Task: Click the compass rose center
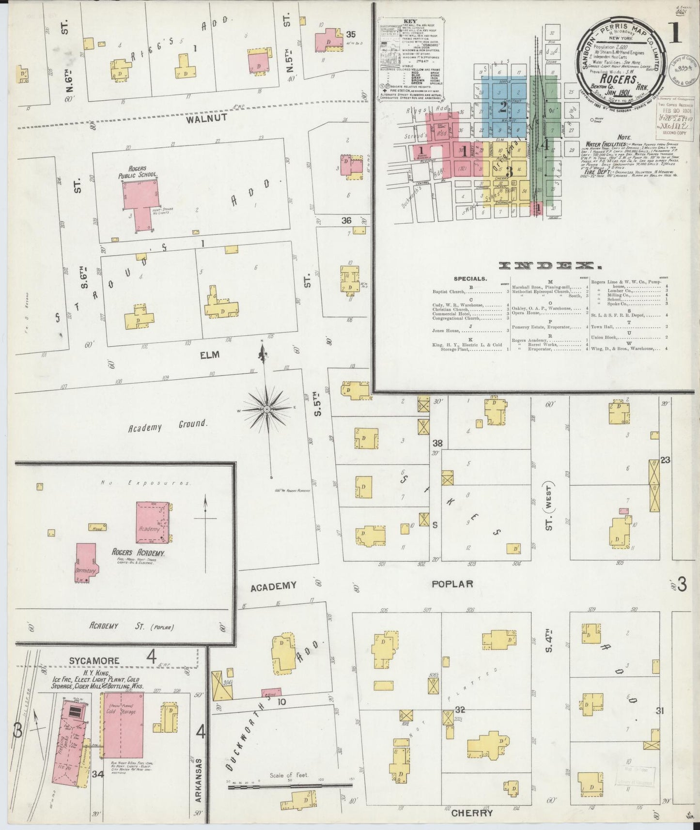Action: (267, 410)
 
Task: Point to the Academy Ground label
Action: (168, 426)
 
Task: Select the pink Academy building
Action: (152, 522)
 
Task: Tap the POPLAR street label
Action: (451, 584)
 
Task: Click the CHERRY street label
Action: (471, 813)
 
